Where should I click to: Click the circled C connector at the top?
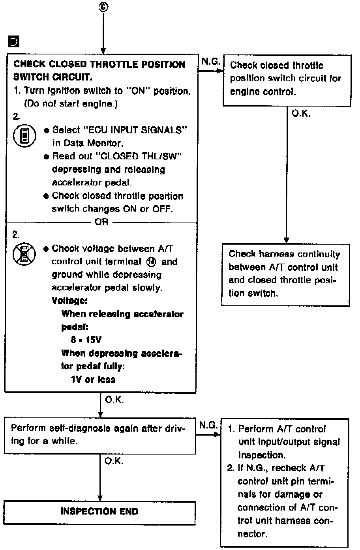click(x=103, y=7)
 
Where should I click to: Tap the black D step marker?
click(x=13, y=41)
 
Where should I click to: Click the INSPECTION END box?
click(x=99, y=512)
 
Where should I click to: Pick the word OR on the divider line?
click(x=101, y=222)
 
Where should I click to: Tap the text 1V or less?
click(x=93, y=380)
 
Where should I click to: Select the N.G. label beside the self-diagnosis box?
click(x=208, y=425)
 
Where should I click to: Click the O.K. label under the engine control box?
click(x=301, y=114)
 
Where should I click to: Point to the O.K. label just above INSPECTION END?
click(x=114, y=461)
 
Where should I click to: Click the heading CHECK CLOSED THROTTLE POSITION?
click(x=99, y=64)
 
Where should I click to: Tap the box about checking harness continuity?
click(x=285, y=273)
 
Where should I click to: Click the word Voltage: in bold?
click(x=69, y=301)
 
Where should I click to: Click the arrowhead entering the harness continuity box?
click(x=287, y=241)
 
